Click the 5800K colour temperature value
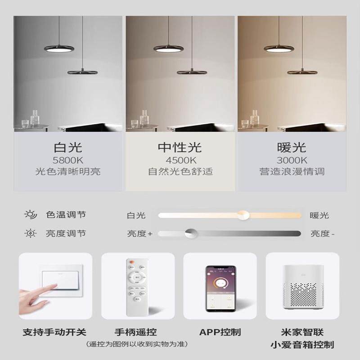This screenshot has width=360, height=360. [x=68, y=160]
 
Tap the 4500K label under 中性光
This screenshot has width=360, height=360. [x=180, y=160]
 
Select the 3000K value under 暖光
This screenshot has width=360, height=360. [x=292, y=160]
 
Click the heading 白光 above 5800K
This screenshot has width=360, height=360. [x=68, y=147]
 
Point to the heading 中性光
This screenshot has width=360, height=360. [x=180, y=147]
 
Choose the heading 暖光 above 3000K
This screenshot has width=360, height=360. [x=292, y=147]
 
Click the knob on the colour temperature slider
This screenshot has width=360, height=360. [x=243, y=215]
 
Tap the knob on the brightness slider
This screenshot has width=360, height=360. [x=191, y=233]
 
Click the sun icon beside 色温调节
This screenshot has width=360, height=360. [x=31, y=215]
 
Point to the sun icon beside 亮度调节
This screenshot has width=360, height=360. [x=31, y=233]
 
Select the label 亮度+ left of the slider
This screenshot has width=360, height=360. [x=140, y=234]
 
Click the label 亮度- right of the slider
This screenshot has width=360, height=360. [x=323, y=234]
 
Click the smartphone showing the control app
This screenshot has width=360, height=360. [x=220, y=288]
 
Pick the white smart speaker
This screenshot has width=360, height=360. [x=302, y=288]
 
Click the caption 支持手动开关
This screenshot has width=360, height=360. [x=55, y=333]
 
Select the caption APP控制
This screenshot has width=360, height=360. [x=220, y=333]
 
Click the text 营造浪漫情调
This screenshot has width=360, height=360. [x=292, y=171]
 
